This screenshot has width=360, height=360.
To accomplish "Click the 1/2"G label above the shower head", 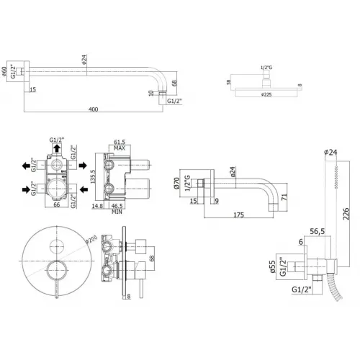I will coord(266,67).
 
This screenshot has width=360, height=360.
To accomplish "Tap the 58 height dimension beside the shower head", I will coord(228,82).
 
